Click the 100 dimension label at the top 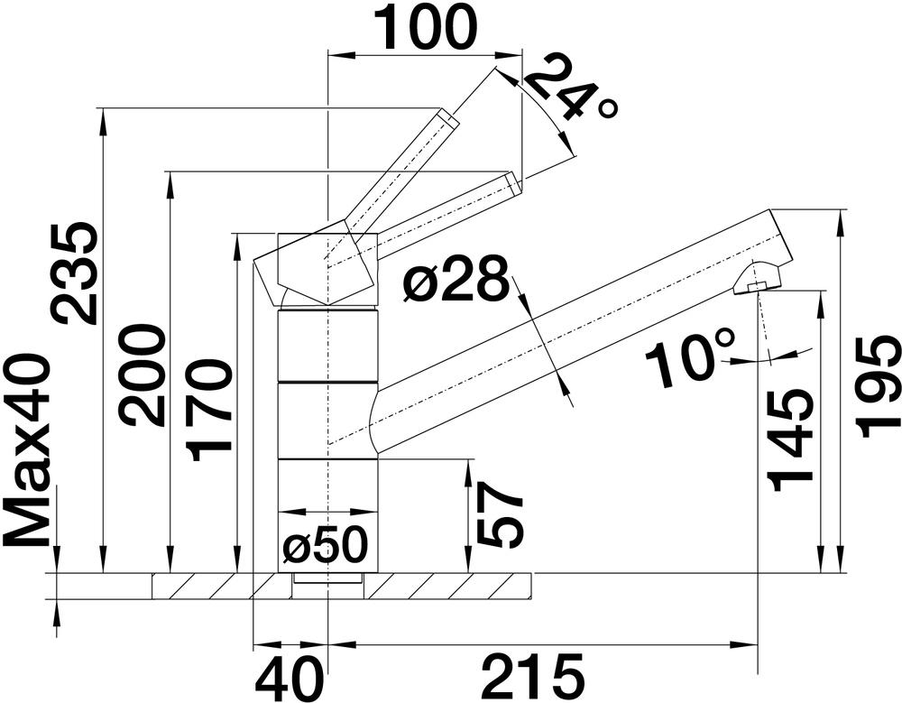point(425,28)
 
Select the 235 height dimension point(74,273)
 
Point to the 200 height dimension point(143,375)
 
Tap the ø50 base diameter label point(325,544)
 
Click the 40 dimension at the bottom point(290,676)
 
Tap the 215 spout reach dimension point(532,676)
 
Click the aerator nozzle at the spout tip point(759,280)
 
